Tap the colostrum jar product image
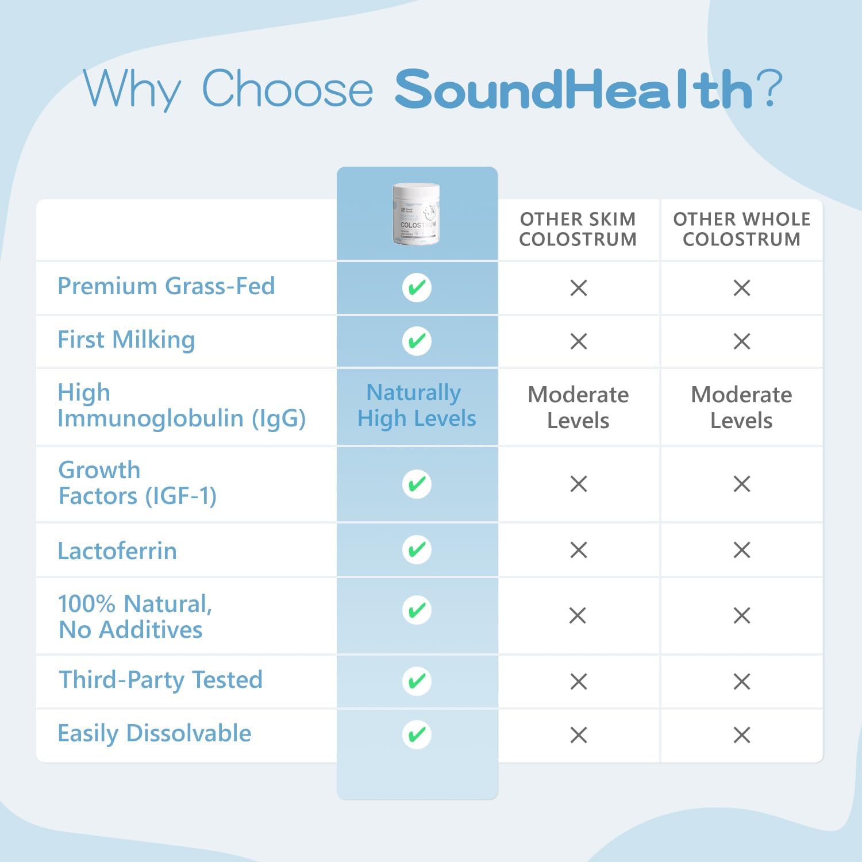[x=416, y=214]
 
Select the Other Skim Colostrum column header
[x=578, y=229]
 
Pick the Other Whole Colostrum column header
[x=741, y=229]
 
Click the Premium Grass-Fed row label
[x=166, y=286]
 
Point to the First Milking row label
[x=126, y=340]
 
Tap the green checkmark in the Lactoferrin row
[x=417, y=550]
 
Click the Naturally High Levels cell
[x=417, y=405]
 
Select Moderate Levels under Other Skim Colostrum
[x=578, y=407]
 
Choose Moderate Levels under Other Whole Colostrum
[x=741, y=407]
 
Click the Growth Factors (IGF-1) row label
[x=137, y=483]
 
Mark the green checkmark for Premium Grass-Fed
[x=417, y=287]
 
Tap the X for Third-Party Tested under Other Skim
[x=578, y=682]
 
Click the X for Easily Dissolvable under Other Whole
[x=741, y=735]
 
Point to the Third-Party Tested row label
[x=160, y=680]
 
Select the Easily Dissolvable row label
[x=155, y=733]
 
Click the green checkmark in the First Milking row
[x=417, y=341]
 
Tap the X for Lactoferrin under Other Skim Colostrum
[x=578, y=550]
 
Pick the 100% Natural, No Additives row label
[x=134, y=617]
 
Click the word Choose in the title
[x=287, y=89]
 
